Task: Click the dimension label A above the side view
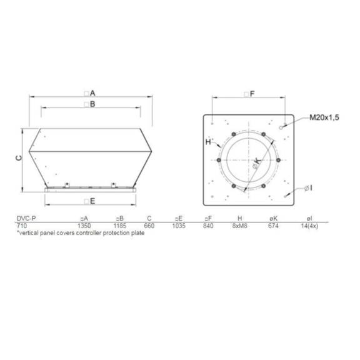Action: (92, 92)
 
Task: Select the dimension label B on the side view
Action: (92, 104)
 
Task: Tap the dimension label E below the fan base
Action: (92, 201)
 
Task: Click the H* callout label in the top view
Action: (211, 141)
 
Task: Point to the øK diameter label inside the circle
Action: (257, 163)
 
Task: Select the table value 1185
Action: (120, 225)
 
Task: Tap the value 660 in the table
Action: (149, 225)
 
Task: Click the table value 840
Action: (209, 225)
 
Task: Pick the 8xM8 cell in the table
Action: (241, 225)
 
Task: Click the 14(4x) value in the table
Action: (309, 225)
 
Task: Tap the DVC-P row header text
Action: (27, 218)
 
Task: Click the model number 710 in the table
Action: (21, 225)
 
